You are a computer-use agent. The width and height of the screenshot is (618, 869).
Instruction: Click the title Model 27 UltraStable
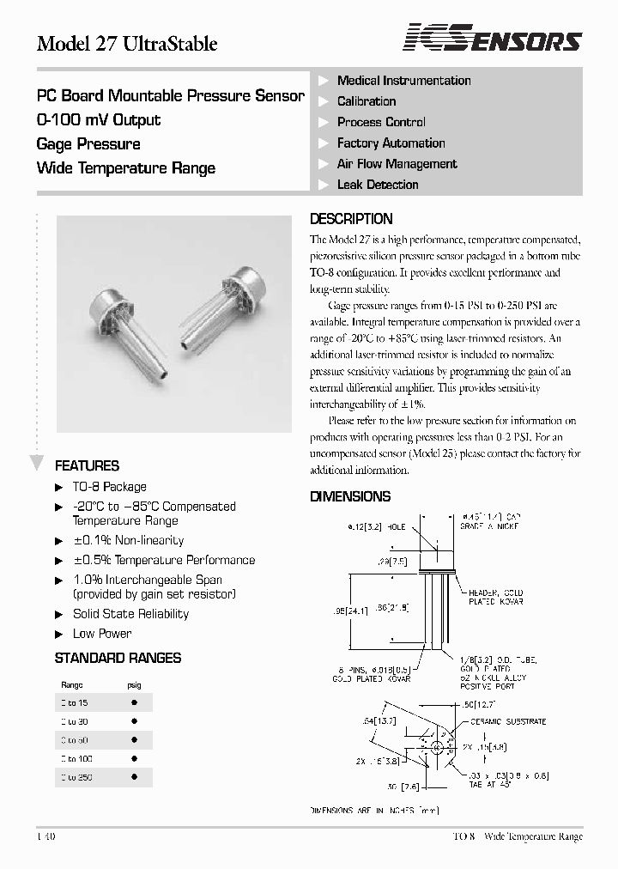click(127, 44)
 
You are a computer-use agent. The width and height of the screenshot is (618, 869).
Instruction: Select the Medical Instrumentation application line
click(403, 81)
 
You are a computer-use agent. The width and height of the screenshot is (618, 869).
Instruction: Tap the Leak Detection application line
click(378, 185)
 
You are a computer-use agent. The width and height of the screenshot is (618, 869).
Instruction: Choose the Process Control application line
click(381, 122)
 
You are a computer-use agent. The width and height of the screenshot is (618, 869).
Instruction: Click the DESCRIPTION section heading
click(351, 219)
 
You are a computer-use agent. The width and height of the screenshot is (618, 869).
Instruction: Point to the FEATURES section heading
click(87, 466)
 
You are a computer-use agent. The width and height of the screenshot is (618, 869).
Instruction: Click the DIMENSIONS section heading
click(350, 496)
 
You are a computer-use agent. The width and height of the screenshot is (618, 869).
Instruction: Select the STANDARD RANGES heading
click(118, 658)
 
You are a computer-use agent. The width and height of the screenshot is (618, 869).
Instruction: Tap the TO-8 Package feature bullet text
click(109, 487)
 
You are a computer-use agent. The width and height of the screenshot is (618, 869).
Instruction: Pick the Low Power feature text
click(102, 634)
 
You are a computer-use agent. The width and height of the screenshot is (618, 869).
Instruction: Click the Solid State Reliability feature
click(130, 614)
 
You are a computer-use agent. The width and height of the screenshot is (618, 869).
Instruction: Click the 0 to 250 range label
click(76, 777)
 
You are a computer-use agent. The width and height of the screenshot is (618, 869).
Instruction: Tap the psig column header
click(135, 685)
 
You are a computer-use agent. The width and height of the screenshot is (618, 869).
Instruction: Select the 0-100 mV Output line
click(99, 120)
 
